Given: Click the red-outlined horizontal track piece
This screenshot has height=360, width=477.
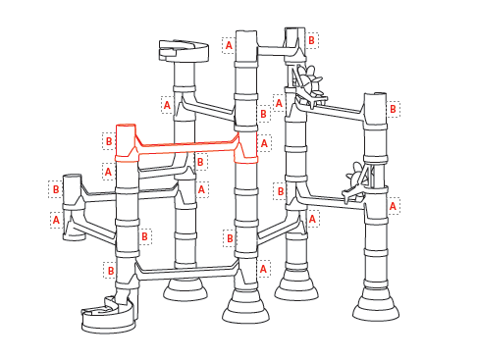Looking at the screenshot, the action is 186,147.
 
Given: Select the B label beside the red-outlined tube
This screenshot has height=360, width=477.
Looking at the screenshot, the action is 109,141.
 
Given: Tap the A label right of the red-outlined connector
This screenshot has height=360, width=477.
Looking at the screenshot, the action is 264,143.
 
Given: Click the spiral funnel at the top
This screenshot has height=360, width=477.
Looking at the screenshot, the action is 184,51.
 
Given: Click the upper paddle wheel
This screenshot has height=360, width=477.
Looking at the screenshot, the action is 309,85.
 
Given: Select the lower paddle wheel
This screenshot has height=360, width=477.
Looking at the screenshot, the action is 357,182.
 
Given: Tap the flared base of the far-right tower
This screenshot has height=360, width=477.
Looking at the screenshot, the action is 376,308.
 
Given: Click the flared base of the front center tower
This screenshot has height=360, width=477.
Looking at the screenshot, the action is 245,310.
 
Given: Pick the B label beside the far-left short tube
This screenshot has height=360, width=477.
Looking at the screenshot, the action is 56,189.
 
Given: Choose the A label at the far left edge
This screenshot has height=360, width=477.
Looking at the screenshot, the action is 56,220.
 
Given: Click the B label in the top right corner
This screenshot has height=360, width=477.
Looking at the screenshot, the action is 311,40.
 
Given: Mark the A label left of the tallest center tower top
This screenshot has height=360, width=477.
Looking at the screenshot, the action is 229,45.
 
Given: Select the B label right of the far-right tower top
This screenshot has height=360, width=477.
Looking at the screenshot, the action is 393,109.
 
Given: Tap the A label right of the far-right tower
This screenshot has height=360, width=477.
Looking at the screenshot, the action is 393,206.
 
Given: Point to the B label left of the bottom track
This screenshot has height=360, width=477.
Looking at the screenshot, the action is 111,271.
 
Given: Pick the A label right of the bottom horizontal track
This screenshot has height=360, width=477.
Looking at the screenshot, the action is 263,269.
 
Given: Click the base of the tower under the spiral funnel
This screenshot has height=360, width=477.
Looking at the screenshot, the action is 185,290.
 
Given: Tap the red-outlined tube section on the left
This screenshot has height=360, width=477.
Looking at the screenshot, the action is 126,142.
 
